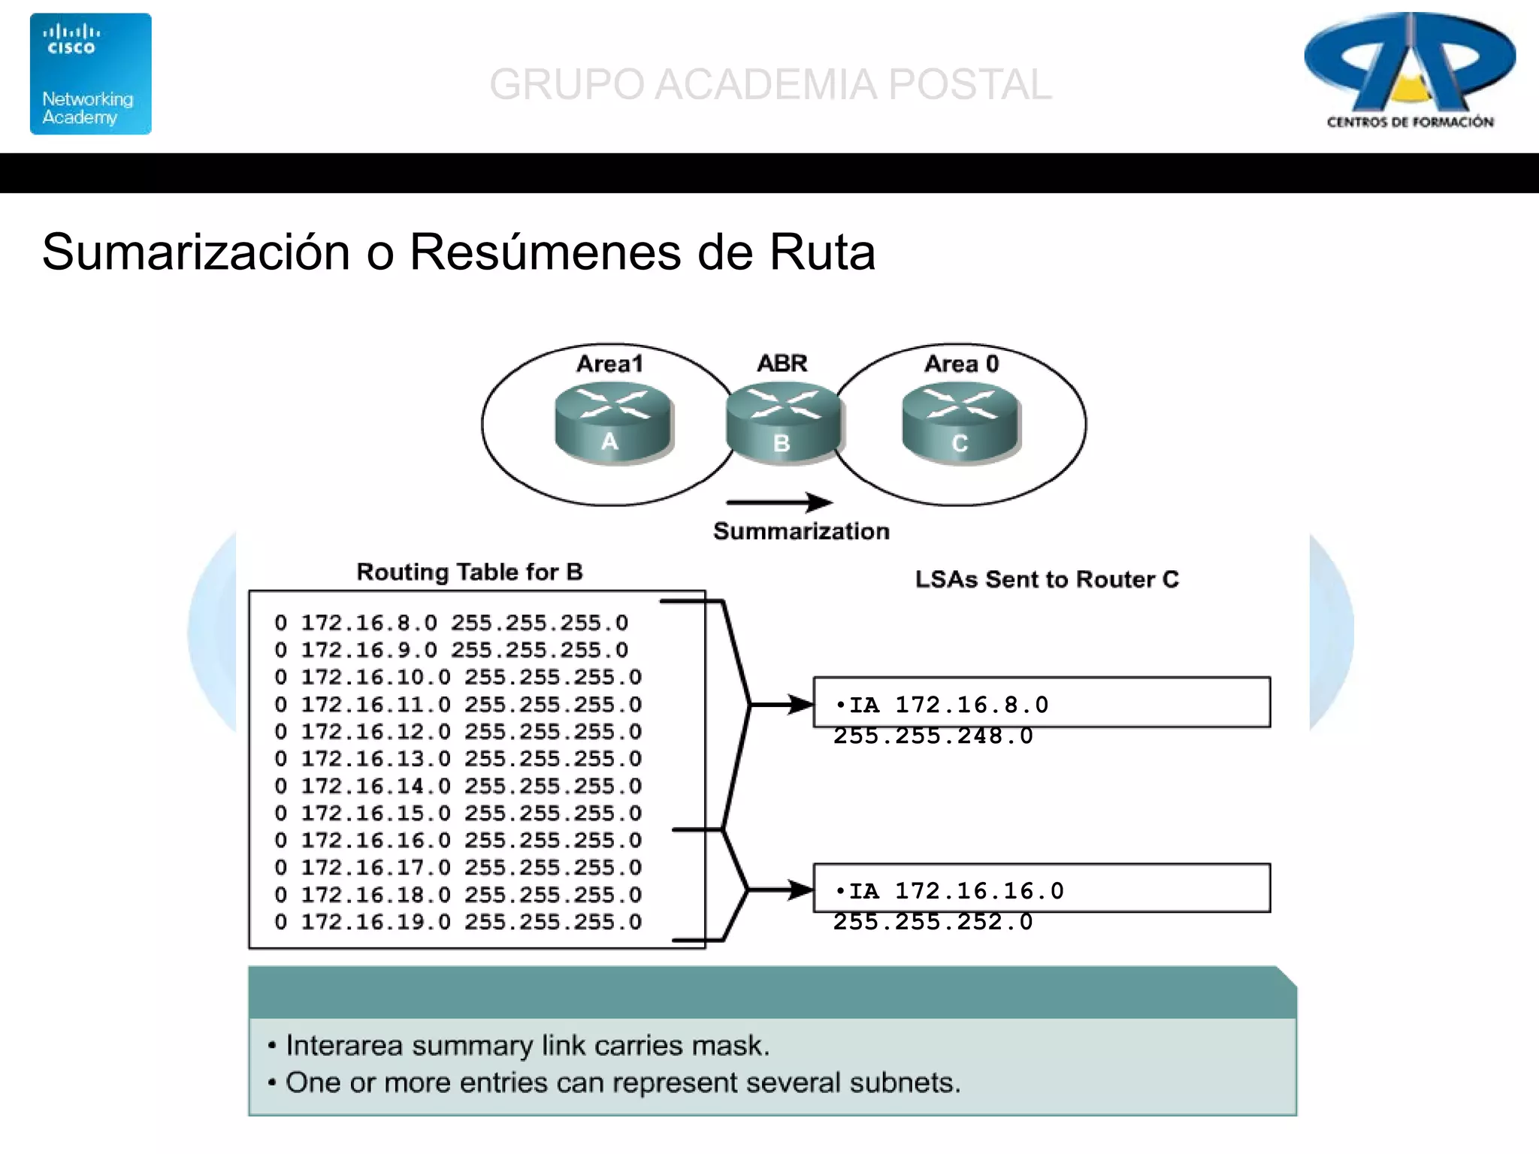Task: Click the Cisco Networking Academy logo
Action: [x=90, y=74]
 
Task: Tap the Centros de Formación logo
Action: [x=1410, y=71]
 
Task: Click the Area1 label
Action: [x=609, y=364]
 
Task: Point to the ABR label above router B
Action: [x=782, y=363]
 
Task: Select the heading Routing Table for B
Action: [x=469, y=572]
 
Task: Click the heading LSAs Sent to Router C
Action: [x=1046, y=579]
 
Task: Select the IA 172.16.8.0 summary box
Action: [x=1042, y=703]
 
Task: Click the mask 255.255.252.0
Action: [x=933, y=922]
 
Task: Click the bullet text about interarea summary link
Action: [x=527, y=1045]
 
